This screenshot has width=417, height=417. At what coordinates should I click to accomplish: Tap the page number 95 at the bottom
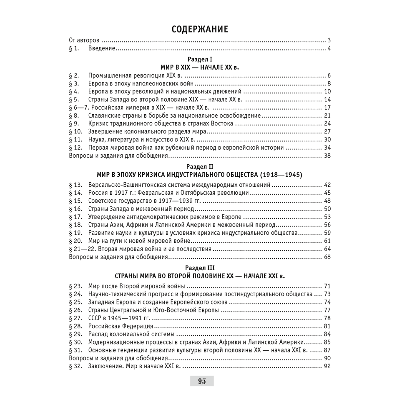coord(202,381)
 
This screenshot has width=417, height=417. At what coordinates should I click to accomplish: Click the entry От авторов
coord(83,41)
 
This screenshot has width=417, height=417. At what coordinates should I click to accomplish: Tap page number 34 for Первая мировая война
coord(327,148)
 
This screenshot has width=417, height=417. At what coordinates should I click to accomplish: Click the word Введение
coord(102,49)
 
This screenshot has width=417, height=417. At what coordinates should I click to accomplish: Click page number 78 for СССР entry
coord(327,318)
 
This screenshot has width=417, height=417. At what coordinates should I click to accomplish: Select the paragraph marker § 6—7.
coord(78,108)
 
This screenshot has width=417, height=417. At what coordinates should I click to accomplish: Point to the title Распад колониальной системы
coord(131,334)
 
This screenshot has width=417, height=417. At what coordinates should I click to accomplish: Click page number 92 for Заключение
coord(327,367)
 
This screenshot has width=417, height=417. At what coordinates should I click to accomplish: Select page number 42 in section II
coord(327,185)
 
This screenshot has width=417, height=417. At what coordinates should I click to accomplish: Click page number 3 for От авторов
coord(329,41)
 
